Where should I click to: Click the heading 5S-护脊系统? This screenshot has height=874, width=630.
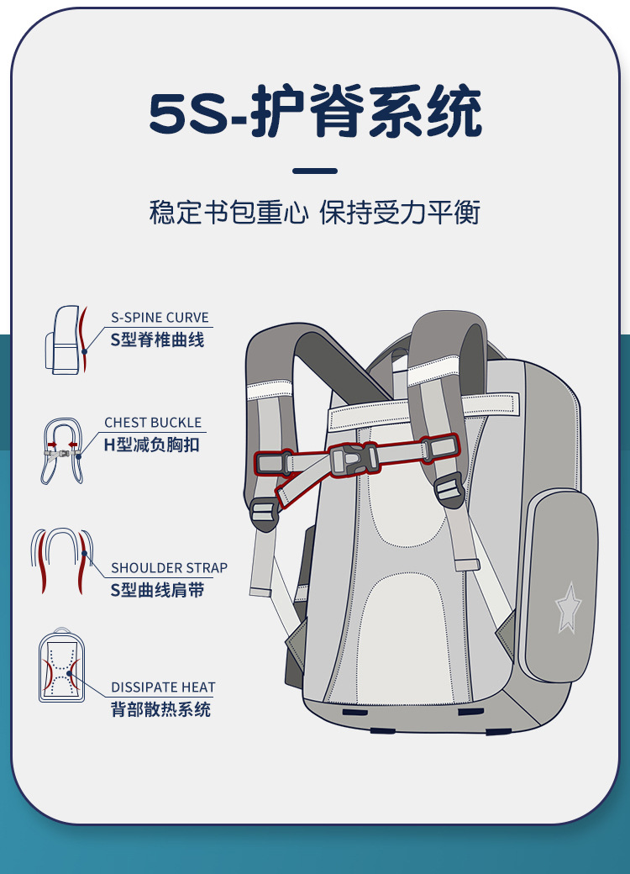(x=315, y=113)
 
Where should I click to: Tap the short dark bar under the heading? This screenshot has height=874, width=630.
(x=315, y=171)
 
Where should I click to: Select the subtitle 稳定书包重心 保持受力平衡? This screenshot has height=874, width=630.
(x=315, y=213)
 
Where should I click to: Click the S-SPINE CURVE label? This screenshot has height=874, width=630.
(x=160, y=318)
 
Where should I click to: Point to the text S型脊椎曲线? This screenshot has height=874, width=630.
(x=157, y=340)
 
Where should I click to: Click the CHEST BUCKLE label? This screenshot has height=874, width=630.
(x=153, y=423)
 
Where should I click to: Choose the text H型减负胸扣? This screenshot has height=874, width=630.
(x=152, y=445)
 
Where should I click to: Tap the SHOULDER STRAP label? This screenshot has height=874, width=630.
(x=169, y=568)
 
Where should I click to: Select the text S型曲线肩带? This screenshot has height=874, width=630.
(x=157, y=590)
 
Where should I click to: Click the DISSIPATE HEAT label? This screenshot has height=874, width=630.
(x=163, y=687)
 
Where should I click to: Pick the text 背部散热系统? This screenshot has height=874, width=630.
(x=160, y=710)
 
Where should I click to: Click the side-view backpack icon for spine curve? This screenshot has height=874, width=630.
(x=66, y=340)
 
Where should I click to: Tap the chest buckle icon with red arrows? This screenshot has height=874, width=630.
(x=62, y=450)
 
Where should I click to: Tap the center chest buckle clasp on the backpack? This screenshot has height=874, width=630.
(x=353, y=459)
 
